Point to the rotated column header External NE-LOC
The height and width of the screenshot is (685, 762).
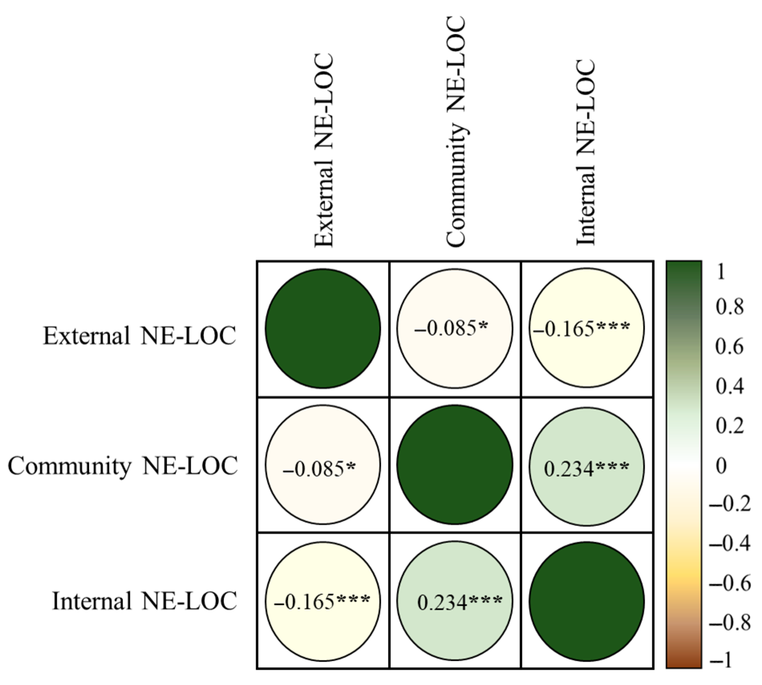coord(324,150)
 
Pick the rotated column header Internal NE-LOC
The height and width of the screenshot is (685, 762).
coord(586,152)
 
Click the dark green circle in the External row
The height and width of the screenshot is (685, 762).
coord(323,329)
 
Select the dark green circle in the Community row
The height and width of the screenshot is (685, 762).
coord(455,464)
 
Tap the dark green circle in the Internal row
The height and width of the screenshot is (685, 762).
coord(587,601)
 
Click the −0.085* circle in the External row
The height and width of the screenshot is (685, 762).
coord(455,329)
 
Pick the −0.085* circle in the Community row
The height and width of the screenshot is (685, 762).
coord(323,464)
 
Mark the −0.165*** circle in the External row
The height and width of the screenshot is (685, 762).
coord(587,329)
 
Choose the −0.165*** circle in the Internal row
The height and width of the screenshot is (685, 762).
coord(323,601)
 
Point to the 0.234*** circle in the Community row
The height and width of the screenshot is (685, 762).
coord(587,467)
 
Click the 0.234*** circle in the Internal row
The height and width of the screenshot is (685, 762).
coord(455,601)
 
